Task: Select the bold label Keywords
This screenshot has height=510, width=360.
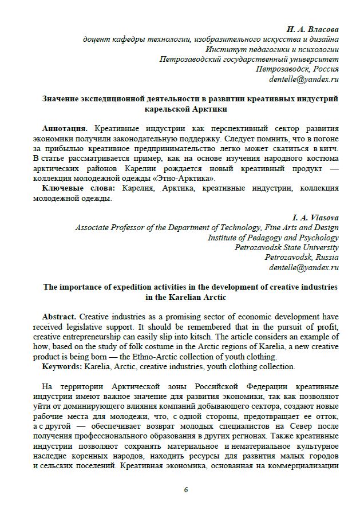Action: [62, 366]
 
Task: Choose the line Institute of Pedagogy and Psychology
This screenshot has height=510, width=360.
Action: [273, 237]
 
